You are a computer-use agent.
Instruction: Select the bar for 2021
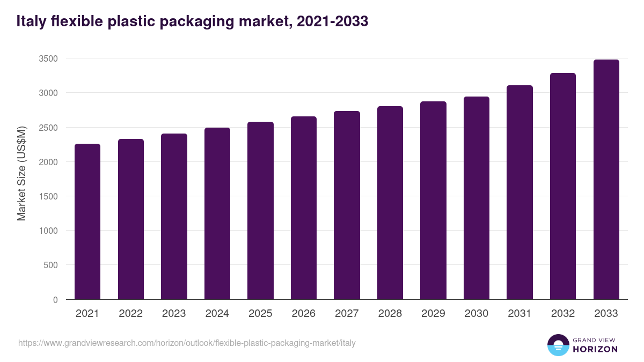coord(87,221)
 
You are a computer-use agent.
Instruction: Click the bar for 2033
coord(606,180)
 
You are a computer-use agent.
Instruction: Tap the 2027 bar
coord(347,205)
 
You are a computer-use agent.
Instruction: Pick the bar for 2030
coord(477,198)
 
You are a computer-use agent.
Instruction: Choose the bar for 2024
coord(217,213)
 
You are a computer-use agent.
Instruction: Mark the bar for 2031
coord(519,193)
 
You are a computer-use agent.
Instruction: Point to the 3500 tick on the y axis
coord(47,58)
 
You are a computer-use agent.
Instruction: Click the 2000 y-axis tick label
coord(47,162)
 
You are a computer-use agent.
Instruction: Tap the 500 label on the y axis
coord(50,265)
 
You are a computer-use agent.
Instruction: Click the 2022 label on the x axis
coord(131,314)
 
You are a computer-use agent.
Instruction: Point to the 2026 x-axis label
coord(304,314)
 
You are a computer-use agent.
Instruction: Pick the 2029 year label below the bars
coord(433,314)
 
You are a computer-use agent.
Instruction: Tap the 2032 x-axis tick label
coord(563,314)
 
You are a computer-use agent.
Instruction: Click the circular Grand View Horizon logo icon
coord(558,345)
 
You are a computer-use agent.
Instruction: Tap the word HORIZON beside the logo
coord(595,349)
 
